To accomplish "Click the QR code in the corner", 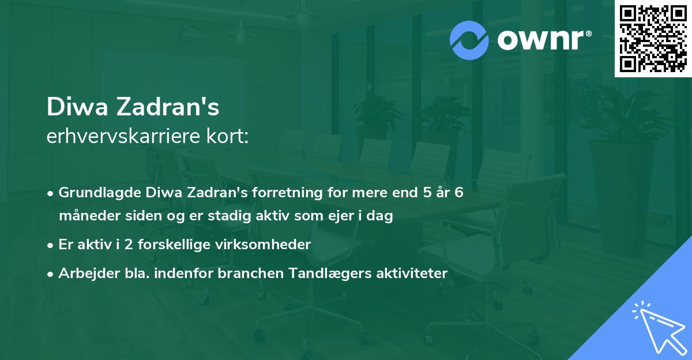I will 653,39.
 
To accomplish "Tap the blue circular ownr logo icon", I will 469,40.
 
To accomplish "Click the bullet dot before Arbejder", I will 51,274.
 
